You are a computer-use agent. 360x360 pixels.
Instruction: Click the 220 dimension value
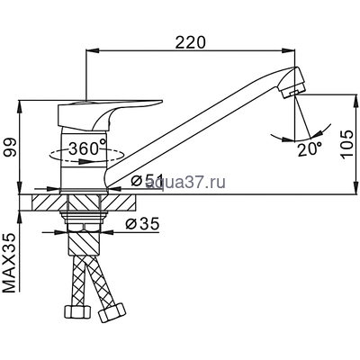pyautogui.click(x=191, y=42)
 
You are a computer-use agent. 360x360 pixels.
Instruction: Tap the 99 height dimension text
pyautogui.click(x=10, y=148)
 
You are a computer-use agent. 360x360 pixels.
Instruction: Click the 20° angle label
pyautogui.click(x=310, y=149)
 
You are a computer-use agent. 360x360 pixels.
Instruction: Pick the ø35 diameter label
pyautogui.click(x=142, y=223)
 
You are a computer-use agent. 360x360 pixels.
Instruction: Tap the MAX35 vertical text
pyautogui.click(x=10, y=263)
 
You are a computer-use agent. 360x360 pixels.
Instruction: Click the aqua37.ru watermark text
pyautogui.click(x=185, y=182)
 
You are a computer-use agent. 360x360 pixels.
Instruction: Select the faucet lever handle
pyautogui.click(x=109, y=115)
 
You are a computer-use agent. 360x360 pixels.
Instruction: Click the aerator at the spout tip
pyautogui.click(x=293, y=83)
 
